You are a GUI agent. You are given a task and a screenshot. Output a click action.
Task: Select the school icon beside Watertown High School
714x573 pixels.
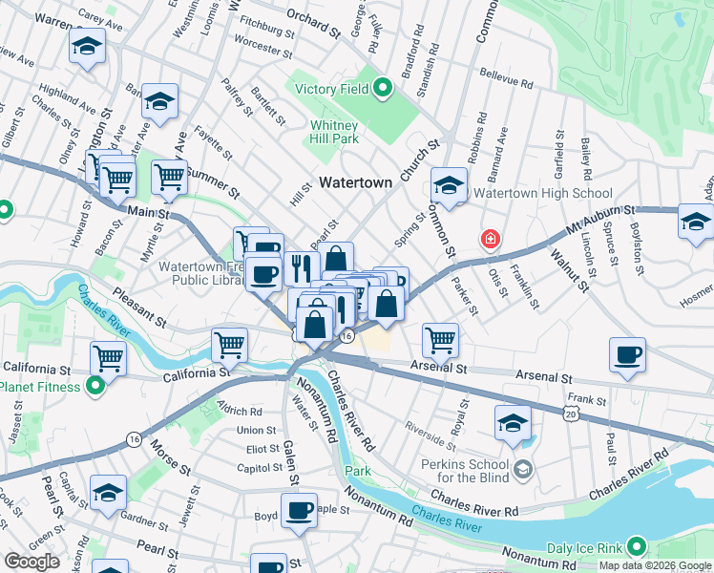point(448,184)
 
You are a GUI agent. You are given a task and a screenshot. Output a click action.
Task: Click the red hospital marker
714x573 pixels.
point(490,238)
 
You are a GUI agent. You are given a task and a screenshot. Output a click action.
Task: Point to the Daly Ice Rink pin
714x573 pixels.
point(636,548)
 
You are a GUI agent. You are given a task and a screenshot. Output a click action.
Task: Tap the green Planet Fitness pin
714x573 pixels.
point(94,386)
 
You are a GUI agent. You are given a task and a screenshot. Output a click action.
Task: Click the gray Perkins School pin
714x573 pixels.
point(522,469)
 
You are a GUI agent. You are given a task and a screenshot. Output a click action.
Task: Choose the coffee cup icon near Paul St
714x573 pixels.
point(627,354)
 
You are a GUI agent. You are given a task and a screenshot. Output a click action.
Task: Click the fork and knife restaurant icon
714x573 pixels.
point(299,267)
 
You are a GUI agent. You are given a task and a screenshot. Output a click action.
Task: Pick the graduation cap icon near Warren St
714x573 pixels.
point(87,48)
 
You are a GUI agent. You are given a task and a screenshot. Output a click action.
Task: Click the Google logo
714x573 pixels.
point(31,562)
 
